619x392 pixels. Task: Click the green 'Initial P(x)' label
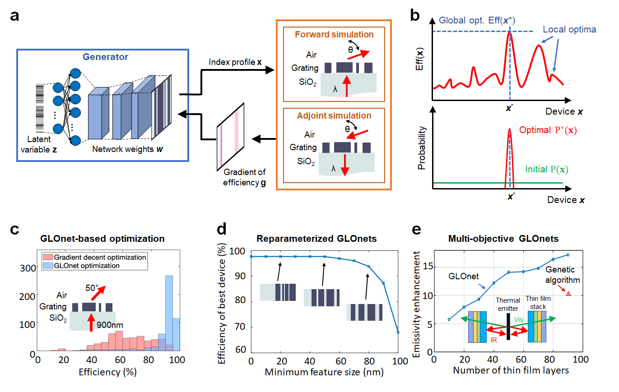click(547, 170)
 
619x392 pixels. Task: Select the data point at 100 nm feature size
click(398, 332)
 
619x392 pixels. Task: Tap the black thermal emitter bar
click(508, 327)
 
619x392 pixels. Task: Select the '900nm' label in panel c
click(111, 324)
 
